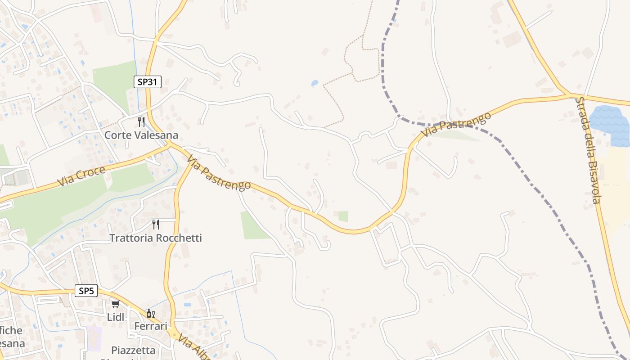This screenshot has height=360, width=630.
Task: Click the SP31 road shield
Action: (x=148, y=81)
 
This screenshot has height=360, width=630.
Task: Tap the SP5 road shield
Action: (x=86, y=291)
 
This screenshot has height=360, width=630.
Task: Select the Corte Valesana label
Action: (x=141, y=135)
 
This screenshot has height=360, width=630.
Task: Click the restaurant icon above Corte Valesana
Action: (x=141, y=121)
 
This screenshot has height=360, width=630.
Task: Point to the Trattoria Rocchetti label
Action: (x=156, y=238)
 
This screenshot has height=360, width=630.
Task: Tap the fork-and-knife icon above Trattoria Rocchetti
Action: (x=156, y=224)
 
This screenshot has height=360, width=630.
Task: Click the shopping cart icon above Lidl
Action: (x=116, y=304)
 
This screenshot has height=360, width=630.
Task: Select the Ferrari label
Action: (x=151, y=326)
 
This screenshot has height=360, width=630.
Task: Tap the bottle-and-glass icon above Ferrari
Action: (x=150, y=313)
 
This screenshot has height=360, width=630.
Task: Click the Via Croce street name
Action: (x=81, y=176)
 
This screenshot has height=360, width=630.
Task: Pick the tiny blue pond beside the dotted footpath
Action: (x=315, y=83)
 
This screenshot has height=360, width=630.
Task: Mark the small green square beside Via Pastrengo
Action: (x=343, y=216)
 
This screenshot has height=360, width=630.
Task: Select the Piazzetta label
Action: (x=133, y=350)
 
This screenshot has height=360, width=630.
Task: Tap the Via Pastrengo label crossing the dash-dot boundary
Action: (x=455, y=125)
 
